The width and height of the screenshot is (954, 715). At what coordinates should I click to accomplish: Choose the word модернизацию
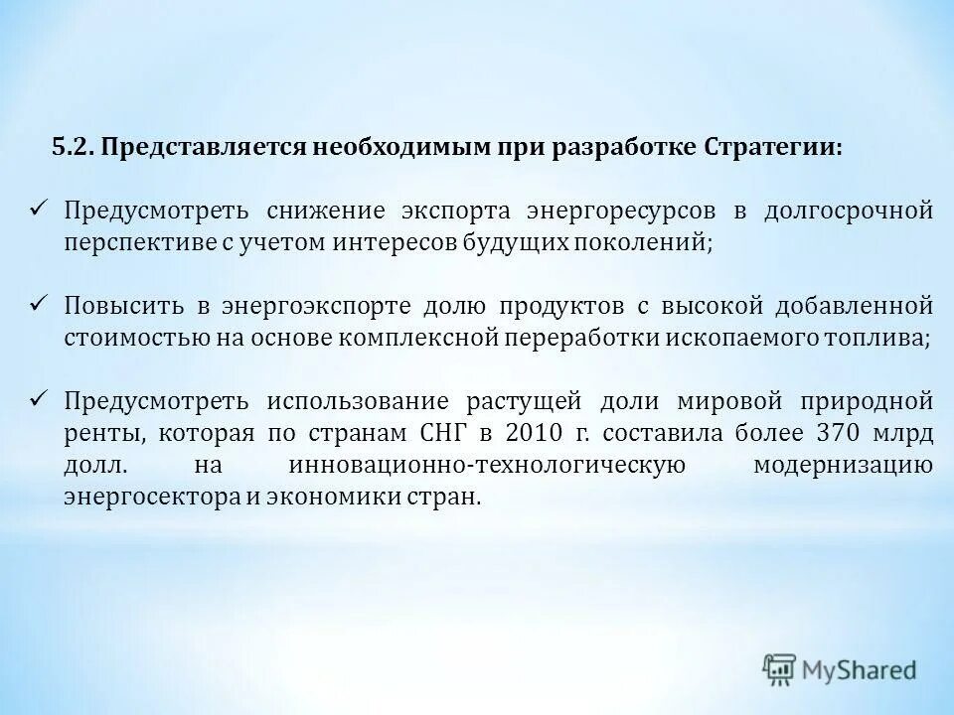click(x=843, y=465)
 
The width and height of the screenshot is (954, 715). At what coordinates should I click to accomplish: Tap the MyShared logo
click(x=840, y=669)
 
